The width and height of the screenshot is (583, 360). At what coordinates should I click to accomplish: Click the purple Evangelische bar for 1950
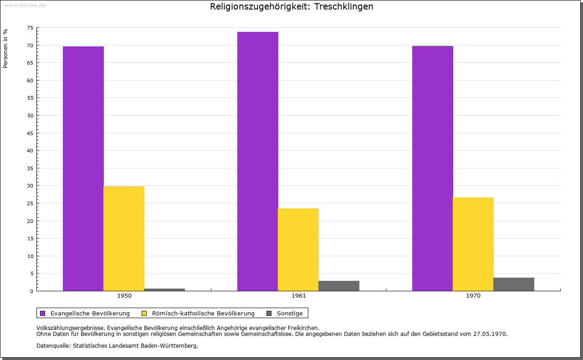[x=83, y=168]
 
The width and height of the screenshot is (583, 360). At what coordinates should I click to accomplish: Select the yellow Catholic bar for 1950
[x=124, y=238]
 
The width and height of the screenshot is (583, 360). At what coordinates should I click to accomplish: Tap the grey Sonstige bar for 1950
[x=164, y=290]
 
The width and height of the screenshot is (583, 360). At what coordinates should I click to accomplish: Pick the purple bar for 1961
[x=258, y=161]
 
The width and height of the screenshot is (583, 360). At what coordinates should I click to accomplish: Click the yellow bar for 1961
[x=298, y=250]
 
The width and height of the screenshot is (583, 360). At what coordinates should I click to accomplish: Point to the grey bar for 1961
[x=339, y=286]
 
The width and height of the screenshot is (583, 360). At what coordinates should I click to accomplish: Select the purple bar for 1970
[x=433, y=168]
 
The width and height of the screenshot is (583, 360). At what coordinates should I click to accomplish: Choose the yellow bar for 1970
[x=473, y=244]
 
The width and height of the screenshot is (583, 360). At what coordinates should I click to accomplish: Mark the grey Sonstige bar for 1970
[x=514, y=284]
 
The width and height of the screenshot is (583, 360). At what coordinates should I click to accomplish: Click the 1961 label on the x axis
[x=299, y=296]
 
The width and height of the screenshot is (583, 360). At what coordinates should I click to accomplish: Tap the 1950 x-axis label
[x=124, y=296]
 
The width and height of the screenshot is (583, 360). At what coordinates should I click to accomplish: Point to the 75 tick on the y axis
[x=30, y=28]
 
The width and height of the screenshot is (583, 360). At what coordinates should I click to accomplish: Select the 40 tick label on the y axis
[x=30, y=151]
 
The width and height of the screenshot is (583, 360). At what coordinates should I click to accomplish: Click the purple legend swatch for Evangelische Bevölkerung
[x=43, y=314]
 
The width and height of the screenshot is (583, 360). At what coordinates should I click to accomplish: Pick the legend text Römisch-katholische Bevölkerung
[x=203, y=314]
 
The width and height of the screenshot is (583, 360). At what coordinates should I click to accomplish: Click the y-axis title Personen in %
[x=5, y=48]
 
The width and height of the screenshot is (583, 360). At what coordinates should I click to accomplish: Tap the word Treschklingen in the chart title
[x=343, y=6]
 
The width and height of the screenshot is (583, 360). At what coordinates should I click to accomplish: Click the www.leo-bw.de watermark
[x=25, y=5]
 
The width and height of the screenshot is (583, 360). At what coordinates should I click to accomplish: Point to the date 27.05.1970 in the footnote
[x=490, y=334]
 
